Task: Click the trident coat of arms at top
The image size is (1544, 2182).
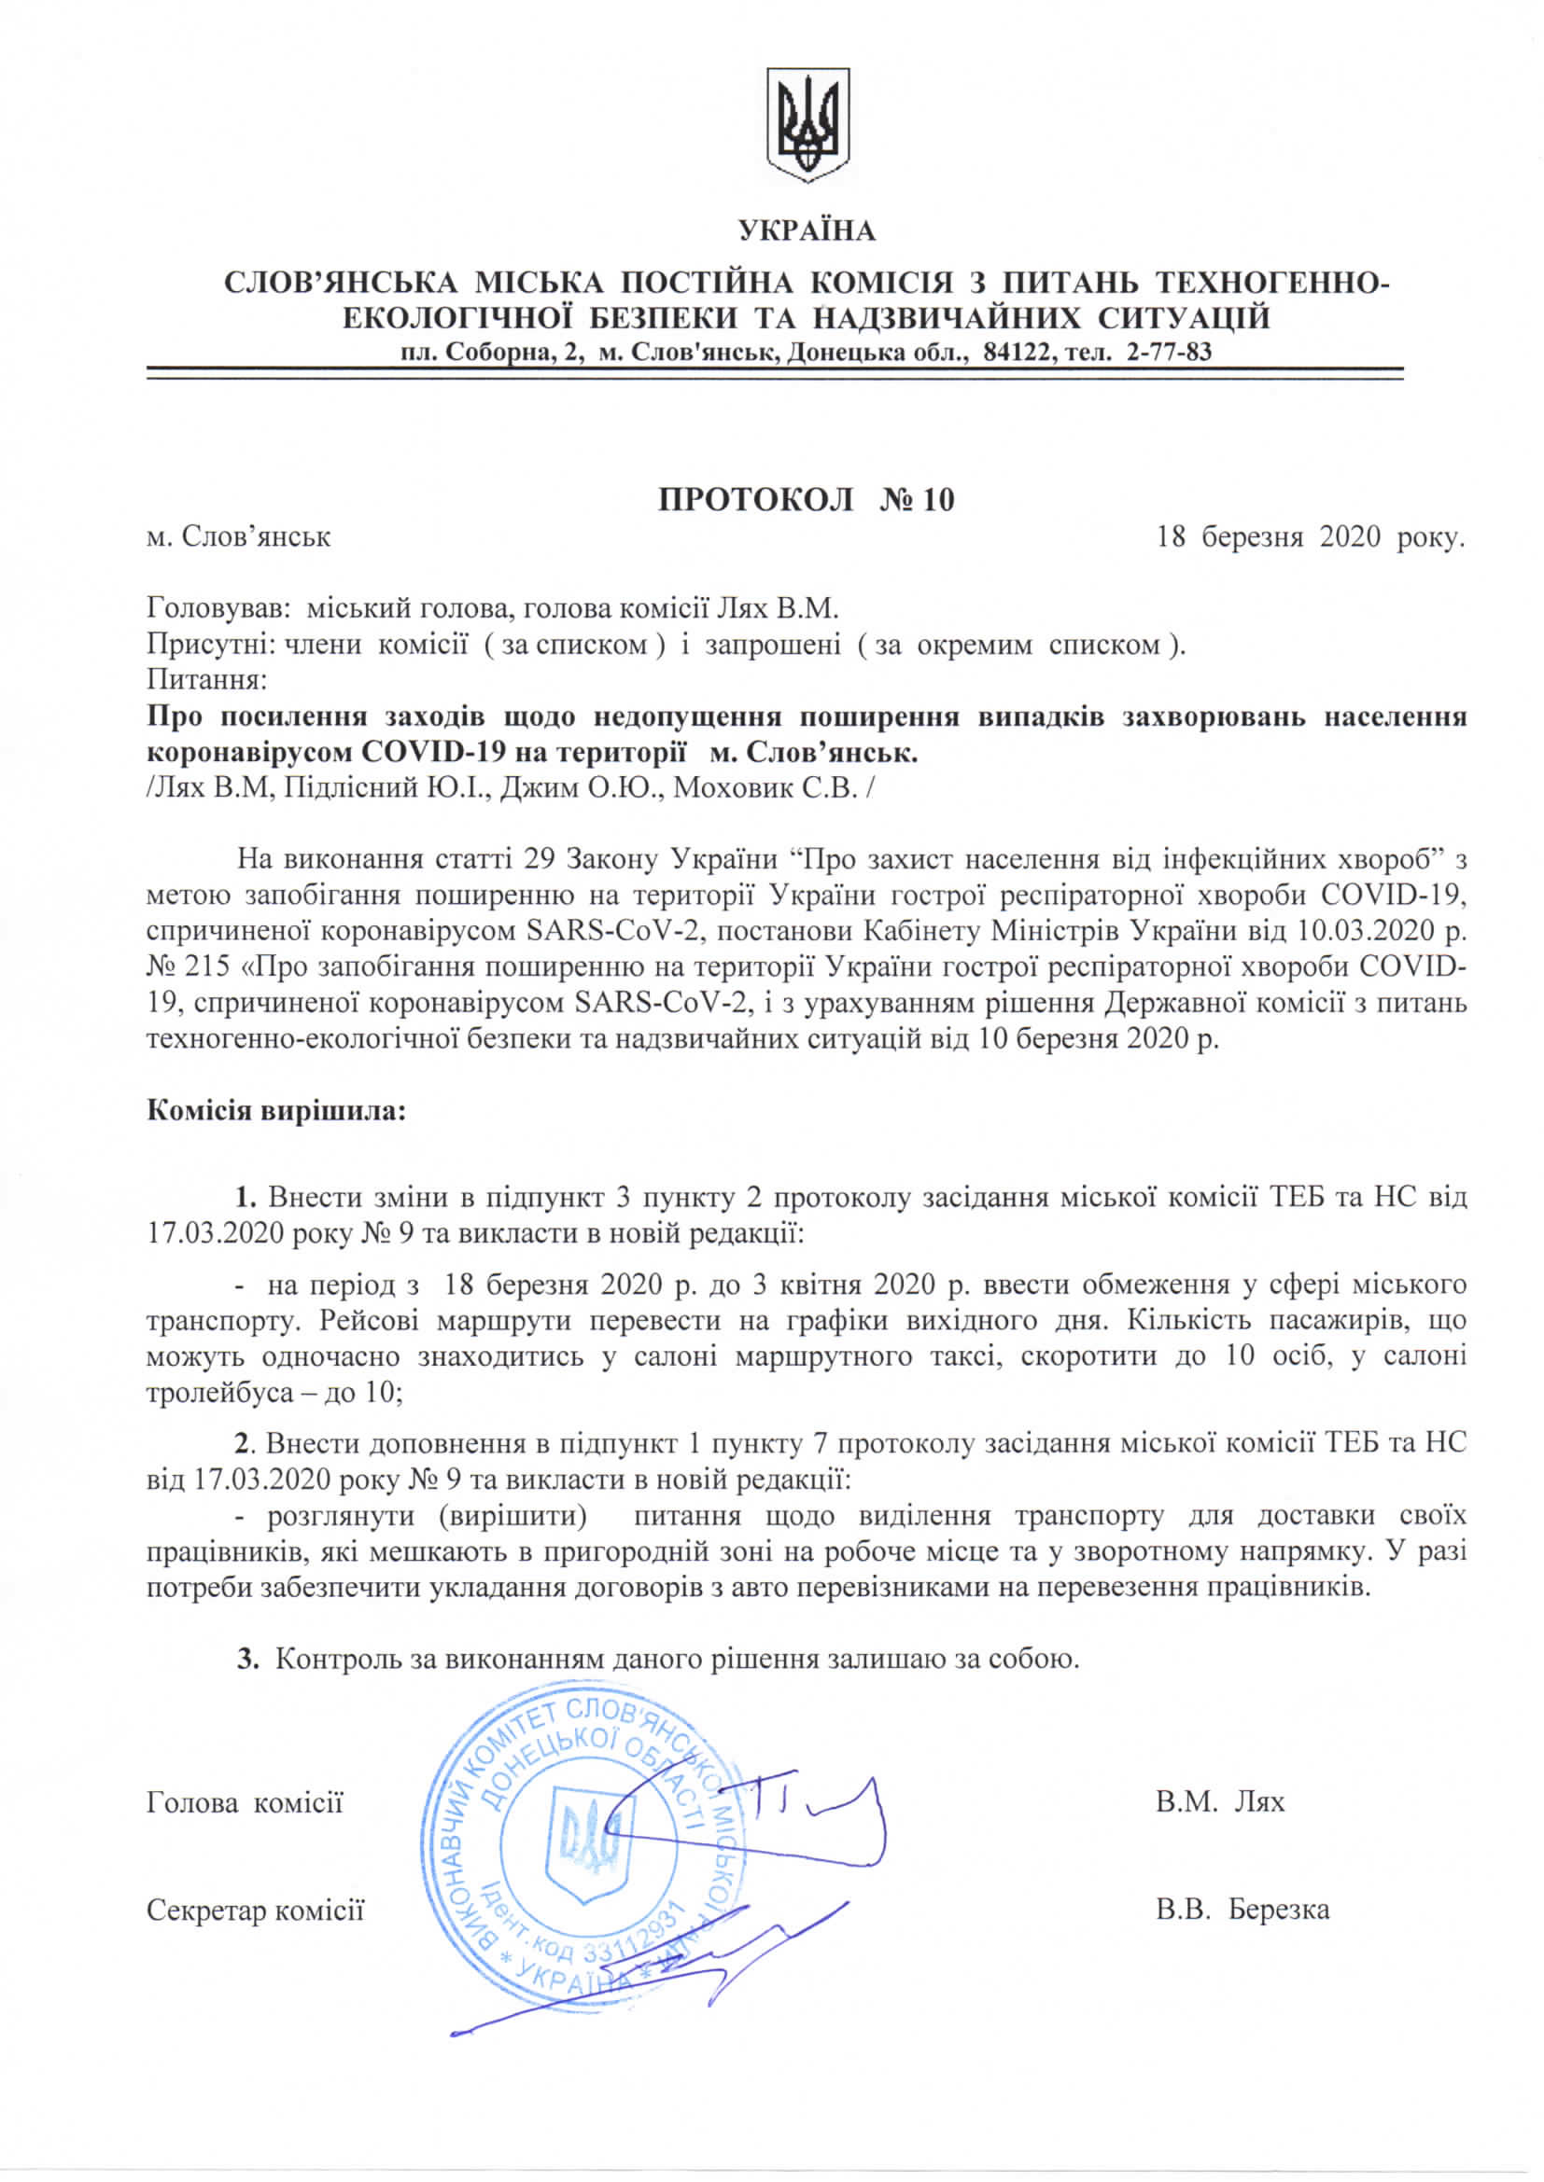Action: (x=807, y=123)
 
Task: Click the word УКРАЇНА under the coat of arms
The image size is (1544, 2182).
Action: (x=807, y=231)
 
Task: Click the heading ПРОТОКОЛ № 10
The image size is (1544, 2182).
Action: (x=807, y=500)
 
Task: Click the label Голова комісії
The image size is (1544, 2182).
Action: (x=246, y=1802)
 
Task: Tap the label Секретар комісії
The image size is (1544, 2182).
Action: (x=255, y=1910)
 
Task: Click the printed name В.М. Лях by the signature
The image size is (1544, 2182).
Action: (x=1220, y=1802)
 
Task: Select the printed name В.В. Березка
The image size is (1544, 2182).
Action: (x=1242, y=1910)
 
